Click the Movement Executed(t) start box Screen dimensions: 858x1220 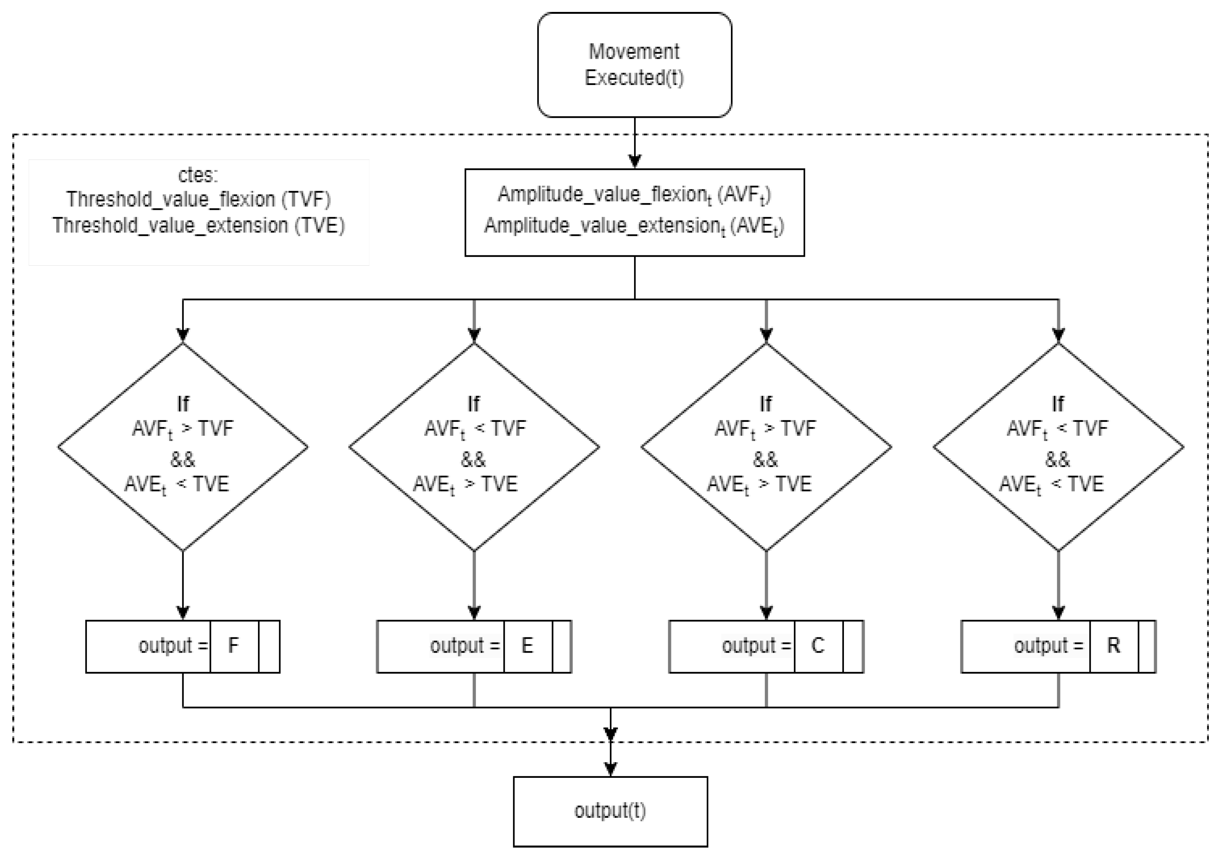point(634,65)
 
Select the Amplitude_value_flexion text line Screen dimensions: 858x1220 point(634,195)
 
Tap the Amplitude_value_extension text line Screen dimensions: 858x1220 point(634,226)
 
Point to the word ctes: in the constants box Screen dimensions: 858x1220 point(198,175)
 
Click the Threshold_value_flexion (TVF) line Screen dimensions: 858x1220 point(198,199)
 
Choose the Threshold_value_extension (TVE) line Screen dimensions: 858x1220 point(198,225)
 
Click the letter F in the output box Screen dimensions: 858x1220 point(233,646)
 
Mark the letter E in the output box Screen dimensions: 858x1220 point(527,646)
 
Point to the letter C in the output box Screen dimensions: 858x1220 point(818,646)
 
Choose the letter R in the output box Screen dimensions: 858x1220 point(1113,646)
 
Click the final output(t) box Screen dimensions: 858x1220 point(610,811)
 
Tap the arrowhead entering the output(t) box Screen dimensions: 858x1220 point(611,769)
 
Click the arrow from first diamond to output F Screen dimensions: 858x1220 point(182,584)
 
